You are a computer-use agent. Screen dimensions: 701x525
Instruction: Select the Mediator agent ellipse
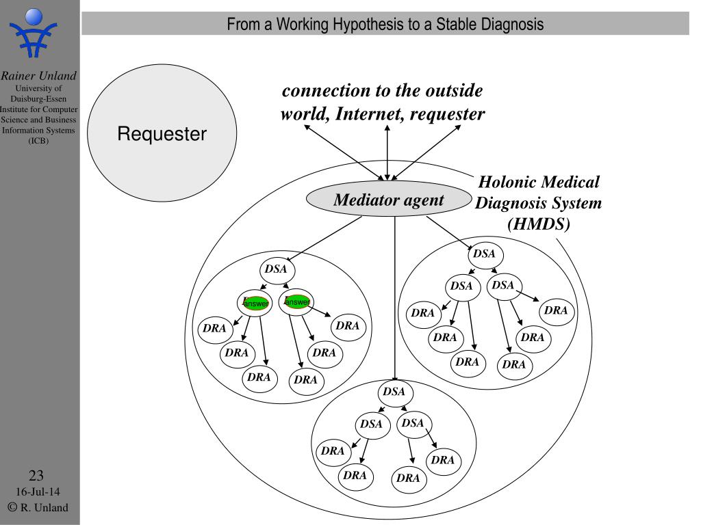[389, 199]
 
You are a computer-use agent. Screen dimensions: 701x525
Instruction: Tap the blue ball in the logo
[34, 17]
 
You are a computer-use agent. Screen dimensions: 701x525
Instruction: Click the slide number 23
[36, 475]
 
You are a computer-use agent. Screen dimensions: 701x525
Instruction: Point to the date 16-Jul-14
[38, 492]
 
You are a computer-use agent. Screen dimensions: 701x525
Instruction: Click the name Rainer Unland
[38, 75]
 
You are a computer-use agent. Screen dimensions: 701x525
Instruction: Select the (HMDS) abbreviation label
[539, 224]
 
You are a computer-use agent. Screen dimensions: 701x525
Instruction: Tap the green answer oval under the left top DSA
[256, 303]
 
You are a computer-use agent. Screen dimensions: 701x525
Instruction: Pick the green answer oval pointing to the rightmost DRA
[297, 301]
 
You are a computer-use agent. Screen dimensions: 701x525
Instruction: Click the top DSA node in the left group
[277, 269]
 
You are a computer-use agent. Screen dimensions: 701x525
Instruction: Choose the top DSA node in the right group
[485, 254]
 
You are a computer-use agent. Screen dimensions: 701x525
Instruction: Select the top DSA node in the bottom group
[394, 392]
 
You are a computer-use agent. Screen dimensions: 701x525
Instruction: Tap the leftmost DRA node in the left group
[215, 329]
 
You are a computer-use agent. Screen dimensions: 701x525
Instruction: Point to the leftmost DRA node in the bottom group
[333, 452]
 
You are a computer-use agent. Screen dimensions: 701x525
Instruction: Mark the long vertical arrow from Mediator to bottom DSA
[395, 299]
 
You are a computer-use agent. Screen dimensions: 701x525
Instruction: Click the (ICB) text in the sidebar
[38, 141]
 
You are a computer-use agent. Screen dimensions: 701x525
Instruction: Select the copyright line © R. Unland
[38, 507]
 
